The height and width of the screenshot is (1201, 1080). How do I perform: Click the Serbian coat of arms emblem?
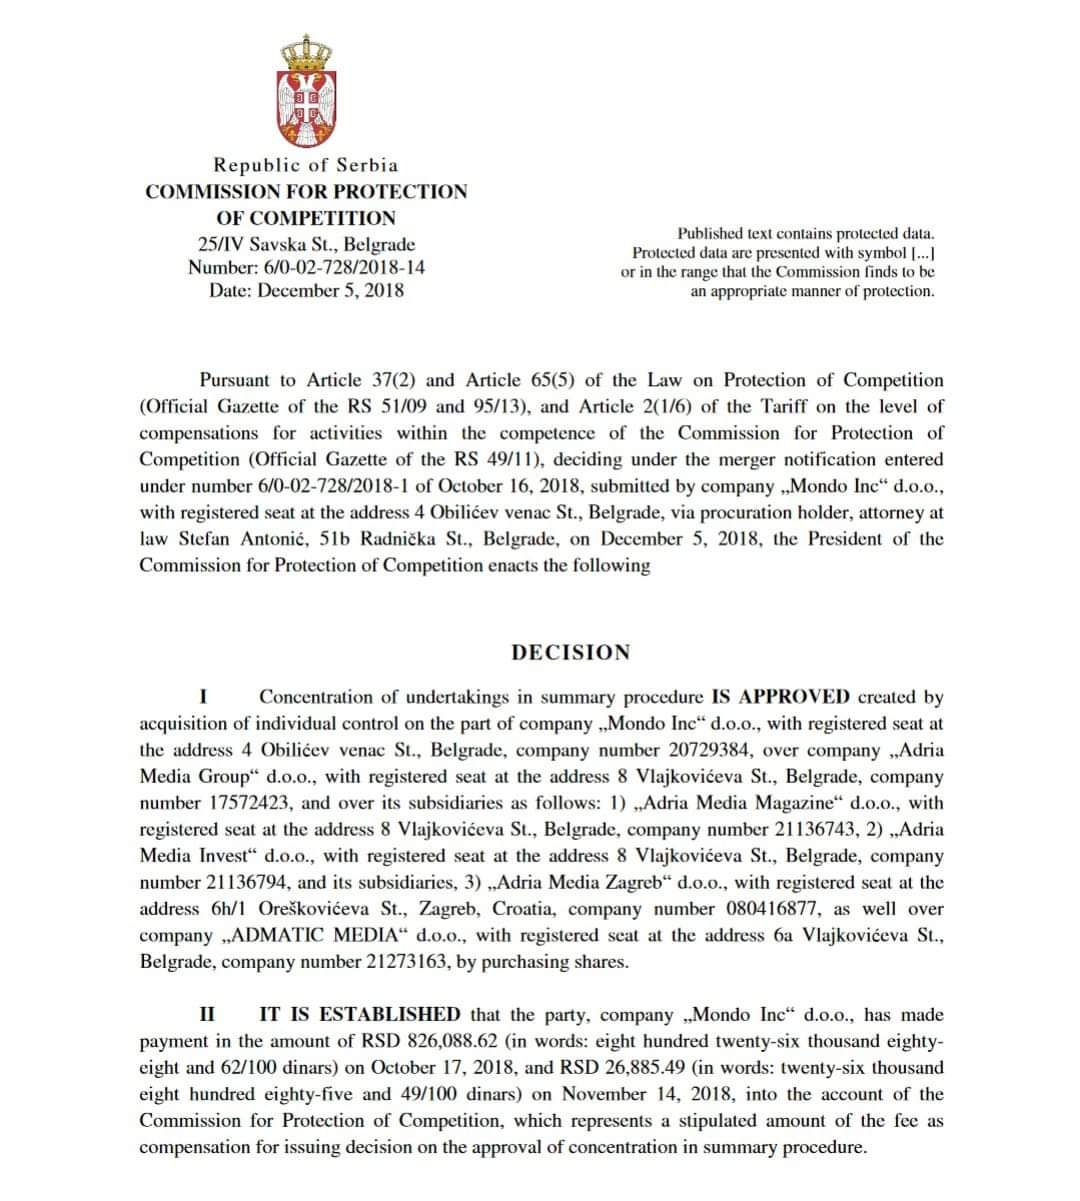tap(306, 90)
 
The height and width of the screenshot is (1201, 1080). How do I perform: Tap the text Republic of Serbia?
tap(306, 165)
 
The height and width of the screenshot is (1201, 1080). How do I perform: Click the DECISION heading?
tap(571, 653)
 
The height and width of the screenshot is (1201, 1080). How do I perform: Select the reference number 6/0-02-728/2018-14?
tap(345, 267)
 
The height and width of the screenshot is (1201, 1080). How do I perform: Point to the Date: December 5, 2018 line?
tap(306, 291)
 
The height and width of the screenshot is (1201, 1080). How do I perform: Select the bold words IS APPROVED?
tap(781, 697)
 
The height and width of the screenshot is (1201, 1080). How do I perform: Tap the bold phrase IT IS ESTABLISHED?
tap(360, 1014)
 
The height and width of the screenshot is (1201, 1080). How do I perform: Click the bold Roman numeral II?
tap(207, 1014)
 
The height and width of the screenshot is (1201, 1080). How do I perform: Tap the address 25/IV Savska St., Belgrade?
tap(306, 243)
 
